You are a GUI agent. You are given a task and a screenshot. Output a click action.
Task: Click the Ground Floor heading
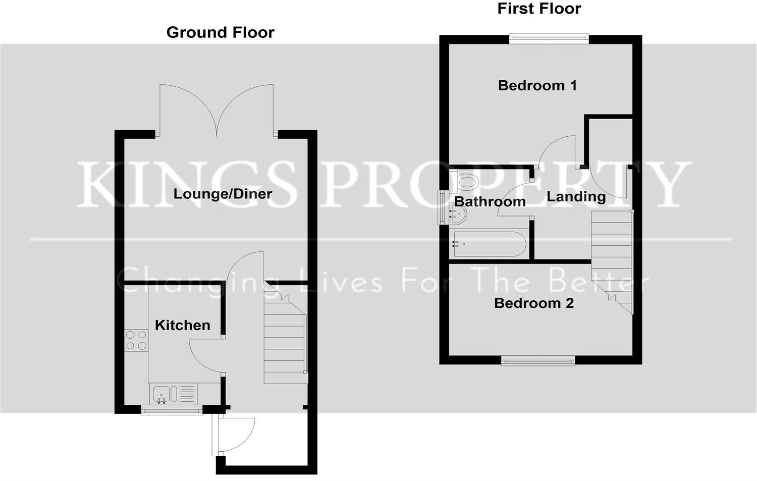point(220,32)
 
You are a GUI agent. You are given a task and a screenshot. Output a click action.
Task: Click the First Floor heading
point(539,9)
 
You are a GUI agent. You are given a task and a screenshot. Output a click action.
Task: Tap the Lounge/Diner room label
point(223,194)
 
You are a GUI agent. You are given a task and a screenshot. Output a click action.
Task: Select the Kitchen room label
point(182,325)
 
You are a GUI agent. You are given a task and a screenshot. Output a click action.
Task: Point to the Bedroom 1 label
point(537,85)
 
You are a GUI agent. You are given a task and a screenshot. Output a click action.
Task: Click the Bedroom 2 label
point(533,303)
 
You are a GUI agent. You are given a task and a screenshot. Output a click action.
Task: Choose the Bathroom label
point(490,202)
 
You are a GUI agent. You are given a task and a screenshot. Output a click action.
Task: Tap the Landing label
point(576,196)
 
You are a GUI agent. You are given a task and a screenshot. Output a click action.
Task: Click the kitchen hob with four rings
point(136,340)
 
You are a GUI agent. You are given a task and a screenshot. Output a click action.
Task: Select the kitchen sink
point(163,393)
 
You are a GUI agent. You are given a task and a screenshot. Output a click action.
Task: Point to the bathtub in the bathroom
point(489,244)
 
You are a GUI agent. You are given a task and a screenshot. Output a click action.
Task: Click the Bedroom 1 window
point(549,39)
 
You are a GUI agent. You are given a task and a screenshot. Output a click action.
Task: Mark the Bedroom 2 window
point(537,360)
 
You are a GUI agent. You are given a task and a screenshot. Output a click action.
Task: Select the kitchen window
point(172,410)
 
